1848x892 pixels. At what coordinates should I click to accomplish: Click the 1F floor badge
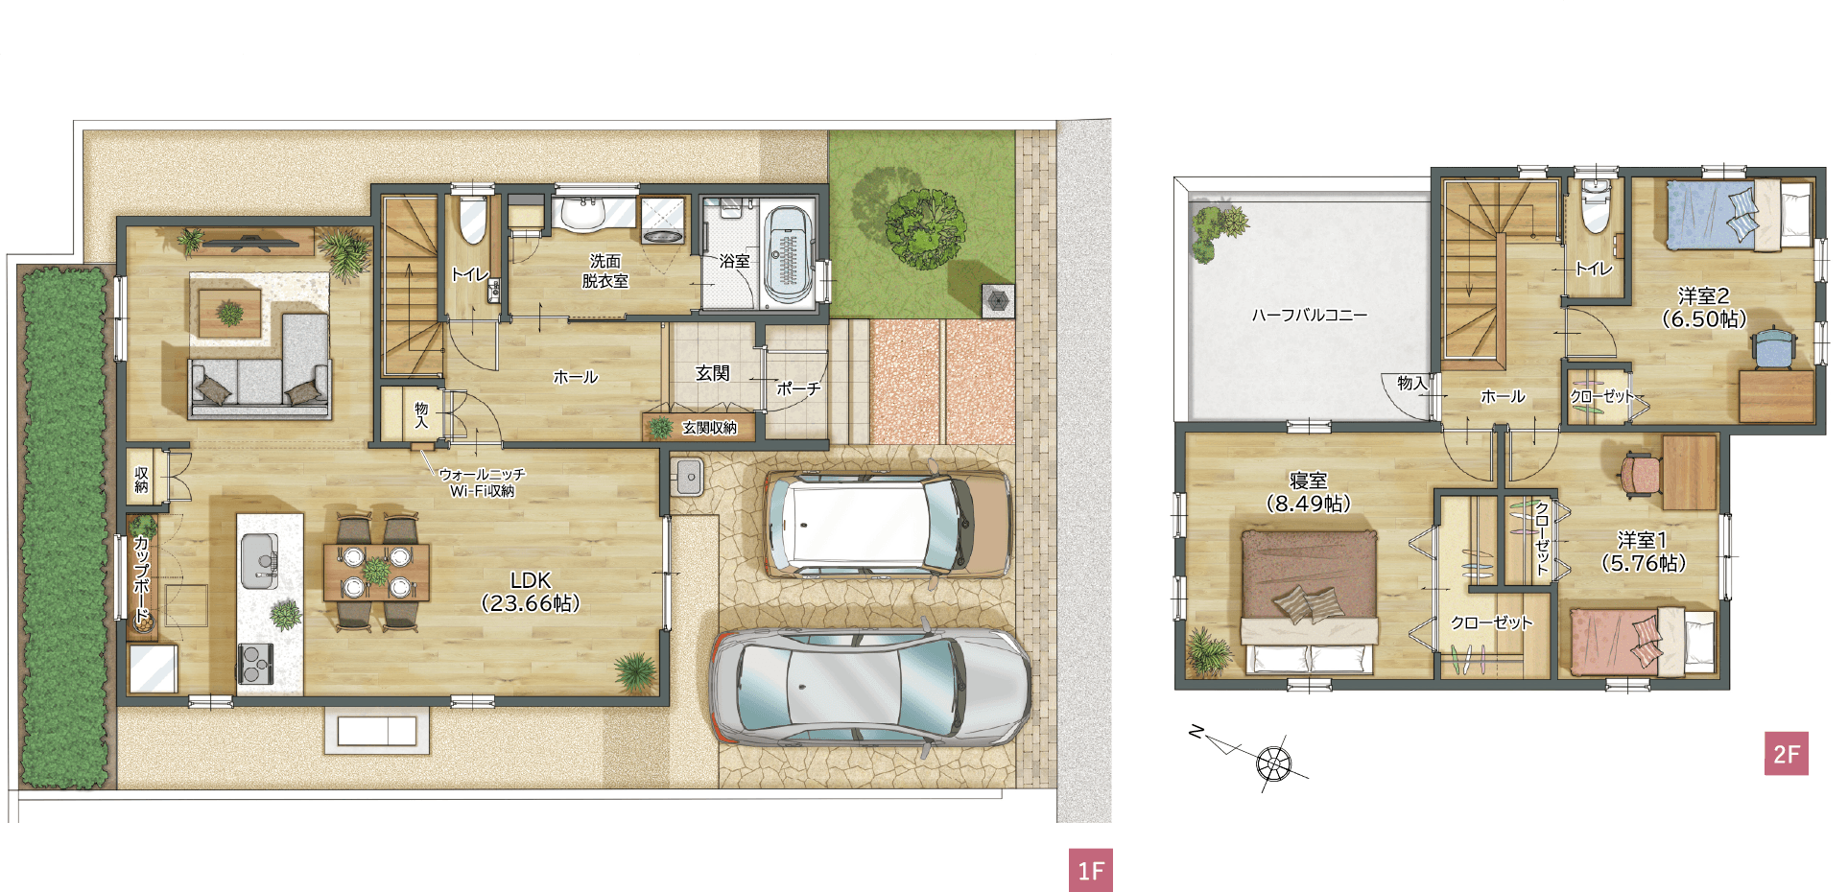[x=1091, y=870]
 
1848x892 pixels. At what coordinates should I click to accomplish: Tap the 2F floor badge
[x=1787, y=754]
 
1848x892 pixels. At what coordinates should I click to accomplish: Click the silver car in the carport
[x=869, y=688]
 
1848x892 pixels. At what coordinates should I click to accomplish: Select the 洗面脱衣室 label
[x=605, y=270]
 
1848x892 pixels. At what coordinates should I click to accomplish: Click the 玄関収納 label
[x=709, y=428]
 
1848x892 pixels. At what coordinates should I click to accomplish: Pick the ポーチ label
[x=798, y=388]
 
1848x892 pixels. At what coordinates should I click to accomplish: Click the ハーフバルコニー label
[x=1309, y=315]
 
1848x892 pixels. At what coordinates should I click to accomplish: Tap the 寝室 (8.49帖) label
[x=1308, y=492]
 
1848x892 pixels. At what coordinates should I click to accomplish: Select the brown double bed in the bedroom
[x=1310, y=601]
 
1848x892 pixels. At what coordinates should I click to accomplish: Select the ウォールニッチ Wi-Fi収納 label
[x=482, y=482]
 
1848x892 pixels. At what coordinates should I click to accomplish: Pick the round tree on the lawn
[x=925, y=228]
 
